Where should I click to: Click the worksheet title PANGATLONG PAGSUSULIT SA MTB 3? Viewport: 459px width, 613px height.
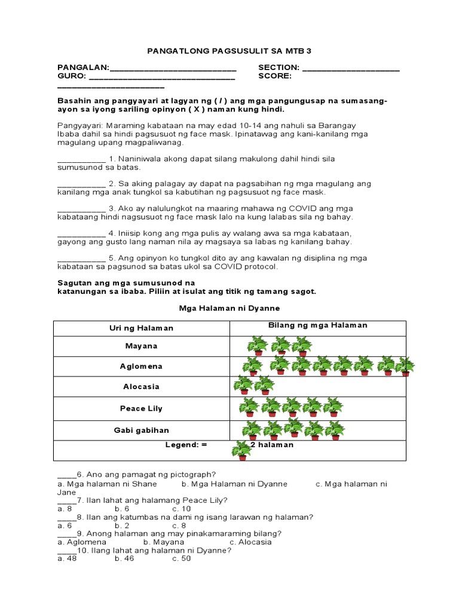(x=229, y=51)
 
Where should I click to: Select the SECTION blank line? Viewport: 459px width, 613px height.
(x=351, y=69)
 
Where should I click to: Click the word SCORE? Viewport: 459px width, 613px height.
(x=275, y=77)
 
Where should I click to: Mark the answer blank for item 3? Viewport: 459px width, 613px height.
(x=81, y=210)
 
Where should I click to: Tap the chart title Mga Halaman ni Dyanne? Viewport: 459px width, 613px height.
(x=229, y=308)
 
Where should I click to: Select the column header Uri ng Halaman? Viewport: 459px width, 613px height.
(x=142, y=328)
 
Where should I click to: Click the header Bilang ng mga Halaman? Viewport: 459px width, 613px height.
(x=317, y=325)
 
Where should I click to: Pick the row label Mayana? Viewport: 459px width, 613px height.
(x=142, y=346)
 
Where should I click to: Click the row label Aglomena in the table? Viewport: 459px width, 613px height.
(x=142, y=366)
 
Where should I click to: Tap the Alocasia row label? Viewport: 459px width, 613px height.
(x=142, y=387)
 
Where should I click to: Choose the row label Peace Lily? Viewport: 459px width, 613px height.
(x=142, y=408)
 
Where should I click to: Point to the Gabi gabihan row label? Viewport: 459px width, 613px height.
(x=142, y=430)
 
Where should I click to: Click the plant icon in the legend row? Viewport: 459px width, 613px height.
(x=241, y=450)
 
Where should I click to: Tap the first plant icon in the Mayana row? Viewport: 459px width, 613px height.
(x=258, y=346)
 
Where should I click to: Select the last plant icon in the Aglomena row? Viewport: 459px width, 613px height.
(x=405, y=366)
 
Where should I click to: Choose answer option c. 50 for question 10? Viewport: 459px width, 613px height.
(x=181, y=559)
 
